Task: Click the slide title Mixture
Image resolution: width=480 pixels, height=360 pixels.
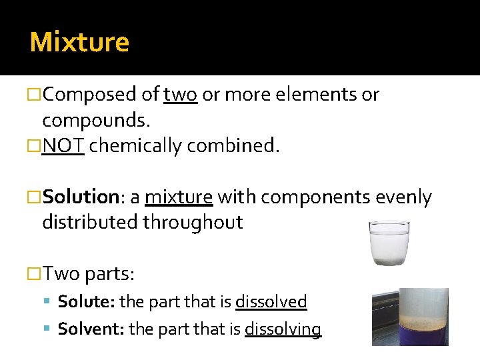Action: pyautogui.click(x=79, y=42)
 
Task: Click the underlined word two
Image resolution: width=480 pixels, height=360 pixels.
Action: pyautogui.click(x=180, y=95)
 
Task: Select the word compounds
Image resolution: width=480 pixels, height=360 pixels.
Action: pyautogui.click(x=95, y=121)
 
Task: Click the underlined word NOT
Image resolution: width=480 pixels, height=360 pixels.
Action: pyautogui.click(x=63, y=146)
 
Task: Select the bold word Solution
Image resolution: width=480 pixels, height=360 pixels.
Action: pyautogui.click(x=80, y=197)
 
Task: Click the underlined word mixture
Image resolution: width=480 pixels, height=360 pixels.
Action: pyautogui.click(x=179, y=197)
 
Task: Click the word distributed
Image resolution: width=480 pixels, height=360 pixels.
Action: pyautogui.click(x=89, y=222)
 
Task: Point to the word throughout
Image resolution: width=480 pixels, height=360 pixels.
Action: pyautogui.click(x=193, y=222)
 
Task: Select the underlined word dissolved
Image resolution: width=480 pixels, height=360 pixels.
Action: pyautogui.click(x=271, y=302)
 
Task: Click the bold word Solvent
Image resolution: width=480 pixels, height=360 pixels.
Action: pyautogui.click(x=91, y=329)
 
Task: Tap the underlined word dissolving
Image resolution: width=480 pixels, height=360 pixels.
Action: pyautogui.click(x=283, y=329)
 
